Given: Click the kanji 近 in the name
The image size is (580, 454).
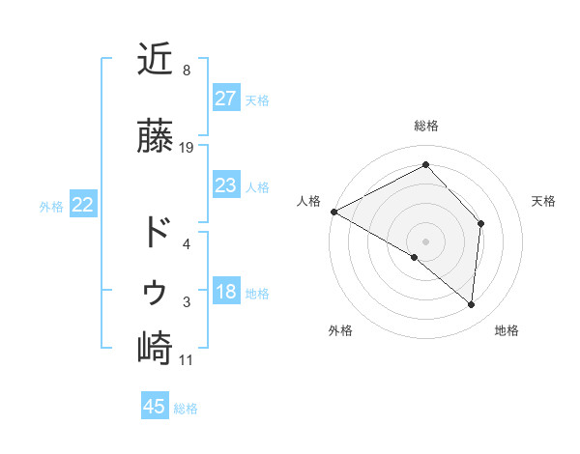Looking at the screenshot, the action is tap(155, 60).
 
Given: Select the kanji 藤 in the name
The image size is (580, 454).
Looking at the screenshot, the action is tap(155, 137).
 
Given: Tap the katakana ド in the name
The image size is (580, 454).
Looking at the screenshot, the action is tap(155, 233).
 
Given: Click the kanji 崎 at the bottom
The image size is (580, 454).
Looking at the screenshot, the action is tap(155, 348).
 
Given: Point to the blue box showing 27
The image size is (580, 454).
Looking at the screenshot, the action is tap(225, 99).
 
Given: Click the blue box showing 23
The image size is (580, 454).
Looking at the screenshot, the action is tap(225, 185).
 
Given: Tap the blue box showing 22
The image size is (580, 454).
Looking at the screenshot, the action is tap(83, 205).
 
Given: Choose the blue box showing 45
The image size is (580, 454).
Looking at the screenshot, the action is tap(155, 407).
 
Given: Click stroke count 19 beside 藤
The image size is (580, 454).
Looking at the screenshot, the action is tap(187, 148).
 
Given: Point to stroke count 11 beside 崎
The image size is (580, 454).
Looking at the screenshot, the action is tap(187, 360).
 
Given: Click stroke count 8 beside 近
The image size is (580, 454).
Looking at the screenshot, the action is tap(187, 71).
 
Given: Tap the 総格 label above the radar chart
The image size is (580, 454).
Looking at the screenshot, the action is tap(426, 126).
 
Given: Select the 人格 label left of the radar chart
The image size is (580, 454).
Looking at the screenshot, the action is tap(309, 201).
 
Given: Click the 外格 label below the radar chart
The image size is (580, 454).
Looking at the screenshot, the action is tap(340, 331).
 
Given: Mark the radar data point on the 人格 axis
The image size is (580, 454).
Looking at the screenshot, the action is tap(333, 212).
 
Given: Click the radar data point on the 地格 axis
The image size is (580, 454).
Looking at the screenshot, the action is tap(471, 304).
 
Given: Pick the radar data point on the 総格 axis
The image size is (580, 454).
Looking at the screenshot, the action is tap(425, 165).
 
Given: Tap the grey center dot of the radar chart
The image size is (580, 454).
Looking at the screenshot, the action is tap(425, 241).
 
